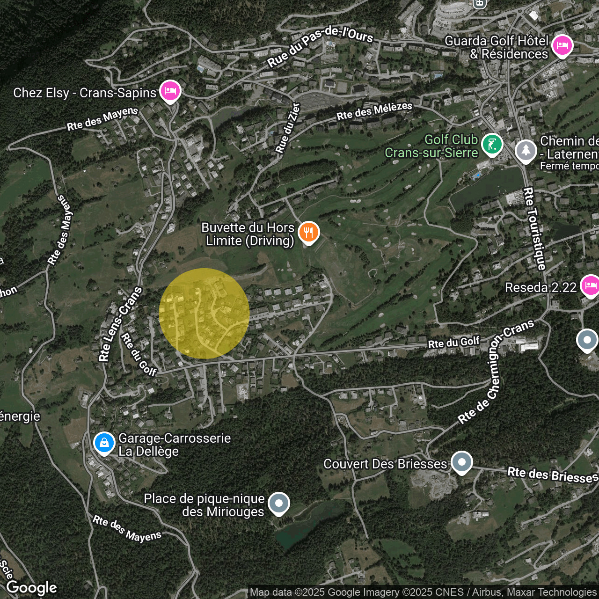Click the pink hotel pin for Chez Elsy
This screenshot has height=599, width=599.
[170, 90]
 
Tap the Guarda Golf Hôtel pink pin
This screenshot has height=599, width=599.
[562, 45]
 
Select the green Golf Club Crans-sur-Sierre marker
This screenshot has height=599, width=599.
[492, 144]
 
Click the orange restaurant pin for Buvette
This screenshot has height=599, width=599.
[308, 232]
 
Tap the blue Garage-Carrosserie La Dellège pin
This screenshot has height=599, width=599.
[104, 442]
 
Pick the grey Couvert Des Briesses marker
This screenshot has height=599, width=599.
[461, 461]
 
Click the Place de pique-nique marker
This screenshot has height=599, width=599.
[279, 503]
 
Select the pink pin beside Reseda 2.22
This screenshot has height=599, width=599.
[590, 285]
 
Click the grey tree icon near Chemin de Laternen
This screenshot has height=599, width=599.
[526, 150]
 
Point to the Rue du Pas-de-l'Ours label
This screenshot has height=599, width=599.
[320, 46]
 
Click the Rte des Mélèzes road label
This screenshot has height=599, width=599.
[374, 111]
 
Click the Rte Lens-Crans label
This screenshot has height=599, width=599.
[120, 324]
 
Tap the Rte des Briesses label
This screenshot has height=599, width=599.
[553, 475]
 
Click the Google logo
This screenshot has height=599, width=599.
[31, 587]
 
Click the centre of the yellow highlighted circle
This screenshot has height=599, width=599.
[204, 314]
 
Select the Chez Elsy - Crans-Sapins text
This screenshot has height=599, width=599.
[85, 93]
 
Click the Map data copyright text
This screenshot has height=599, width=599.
[423, 592]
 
